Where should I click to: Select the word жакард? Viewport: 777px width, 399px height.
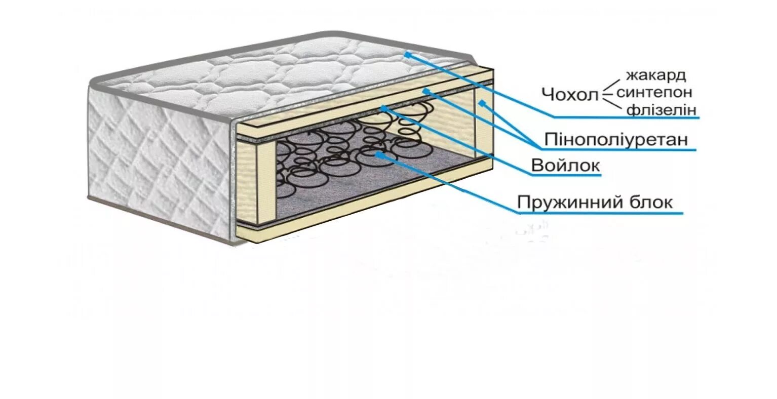[x=656, y=76]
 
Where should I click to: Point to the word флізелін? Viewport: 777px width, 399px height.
[x=661, y=110]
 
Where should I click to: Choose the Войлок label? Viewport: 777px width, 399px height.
[x=565, y=166]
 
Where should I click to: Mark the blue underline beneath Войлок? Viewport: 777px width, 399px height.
[x=566, y=176]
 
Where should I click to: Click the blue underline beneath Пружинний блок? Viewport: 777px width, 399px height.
[x=600, y=213]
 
